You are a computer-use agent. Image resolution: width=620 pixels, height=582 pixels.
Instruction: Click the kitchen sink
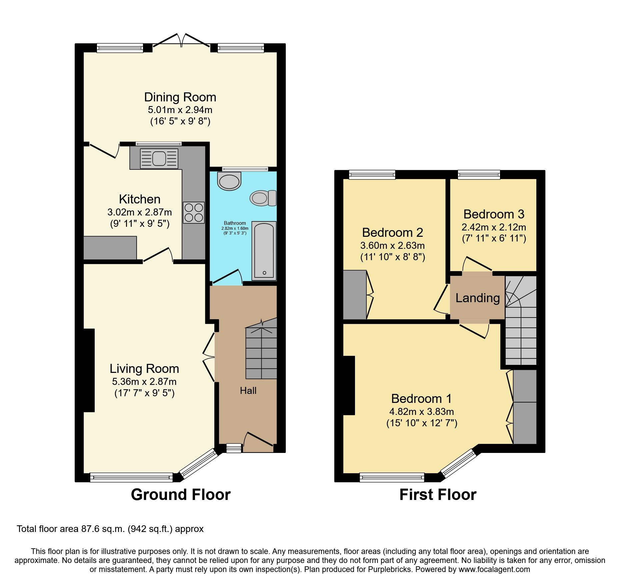click(159, 158)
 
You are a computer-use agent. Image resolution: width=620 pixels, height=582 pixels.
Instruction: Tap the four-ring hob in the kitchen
click(194, 212)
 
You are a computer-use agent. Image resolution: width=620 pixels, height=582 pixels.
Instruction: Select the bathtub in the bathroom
click(264, 250)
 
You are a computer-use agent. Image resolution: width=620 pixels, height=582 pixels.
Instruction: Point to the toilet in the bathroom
click(263, 198)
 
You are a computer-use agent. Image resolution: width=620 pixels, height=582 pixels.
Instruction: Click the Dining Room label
click(180, 97)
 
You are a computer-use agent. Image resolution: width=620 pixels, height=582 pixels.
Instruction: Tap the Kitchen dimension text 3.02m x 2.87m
click(140, 212)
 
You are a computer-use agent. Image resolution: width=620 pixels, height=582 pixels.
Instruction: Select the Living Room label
click(144, 369)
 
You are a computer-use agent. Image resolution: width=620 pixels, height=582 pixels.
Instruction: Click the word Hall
click(248, 391)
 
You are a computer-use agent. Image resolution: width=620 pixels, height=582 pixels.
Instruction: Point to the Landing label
click(477, 298)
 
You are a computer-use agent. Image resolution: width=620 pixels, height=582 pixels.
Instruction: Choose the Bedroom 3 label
click(494, 214)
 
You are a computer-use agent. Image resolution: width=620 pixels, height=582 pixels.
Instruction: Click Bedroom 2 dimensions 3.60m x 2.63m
click(392, 245)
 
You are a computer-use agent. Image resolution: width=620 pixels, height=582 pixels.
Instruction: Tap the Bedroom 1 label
click(421, 399)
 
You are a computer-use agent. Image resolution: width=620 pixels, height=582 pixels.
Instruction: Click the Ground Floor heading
click(181, 494)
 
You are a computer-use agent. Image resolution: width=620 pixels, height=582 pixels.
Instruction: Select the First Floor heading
click(438, 494)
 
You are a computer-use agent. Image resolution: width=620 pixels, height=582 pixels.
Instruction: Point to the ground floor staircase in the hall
click(261, 350)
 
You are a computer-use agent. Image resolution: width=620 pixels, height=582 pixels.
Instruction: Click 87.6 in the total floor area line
click(90, 529)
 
